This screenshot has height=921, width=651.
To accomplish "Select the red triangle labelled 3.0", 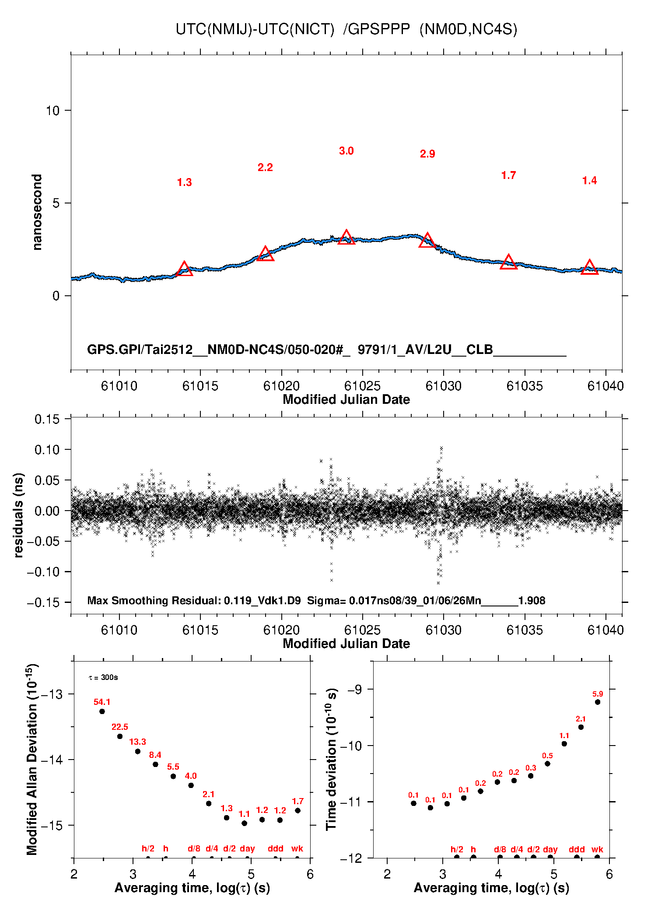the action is pyautogui.click(x=346, y=237).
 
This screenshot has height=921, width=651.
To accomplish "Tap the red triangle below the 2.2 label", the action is pyautogui.click(x=265, y=254).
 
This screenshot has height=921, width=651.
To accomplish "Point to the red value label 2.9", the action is pyautogui.click(x=427, y=154).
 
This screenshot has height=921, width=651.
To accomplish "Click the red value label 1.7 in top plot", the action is pyautogui.click(x=508, y=175).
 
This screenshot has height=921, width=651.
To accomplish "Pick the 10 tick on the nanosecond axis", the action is pyautogui.click(x=52, y=111).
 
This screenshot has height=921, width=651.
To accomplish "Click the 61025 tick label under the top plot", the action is pyautogui.click(x=362, y=386).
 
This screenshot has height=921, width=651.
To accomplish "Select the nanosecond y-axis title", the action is pyautogui.click(x=37, y=212).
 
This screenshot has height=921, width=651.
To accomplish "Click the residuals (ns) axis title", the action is pyautogui.click(x=18, y=515).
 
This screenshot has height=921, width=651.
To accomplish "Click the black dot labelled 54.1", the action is pyautogui.click(x=102, y=711).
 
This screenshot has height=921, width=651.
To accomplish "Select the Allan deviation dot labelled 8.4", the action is pyautogui.click(x=155, y=764).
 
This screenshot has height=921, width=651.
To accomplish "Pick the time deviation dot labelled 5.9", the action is pyautogui.click(x=598, y=702).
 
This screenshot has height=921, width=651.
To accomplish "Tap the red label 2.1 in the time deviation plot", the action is pyautogui.click(x=581, y=719).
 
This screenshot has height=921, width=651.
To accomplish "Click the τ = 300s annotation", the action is pyautogui.click(x=103, y=678).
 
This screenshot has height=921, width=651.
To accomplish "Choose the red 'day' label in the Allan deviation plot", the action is pyautogui.click(x=247, y=849).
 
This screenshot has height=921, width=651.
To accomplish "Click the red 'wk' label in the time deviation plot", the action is pyautogui.click(x=597, y=850).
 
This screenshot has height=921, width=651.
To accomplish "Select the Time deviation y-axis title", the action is pyautogui.click(x=332, y=760).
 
